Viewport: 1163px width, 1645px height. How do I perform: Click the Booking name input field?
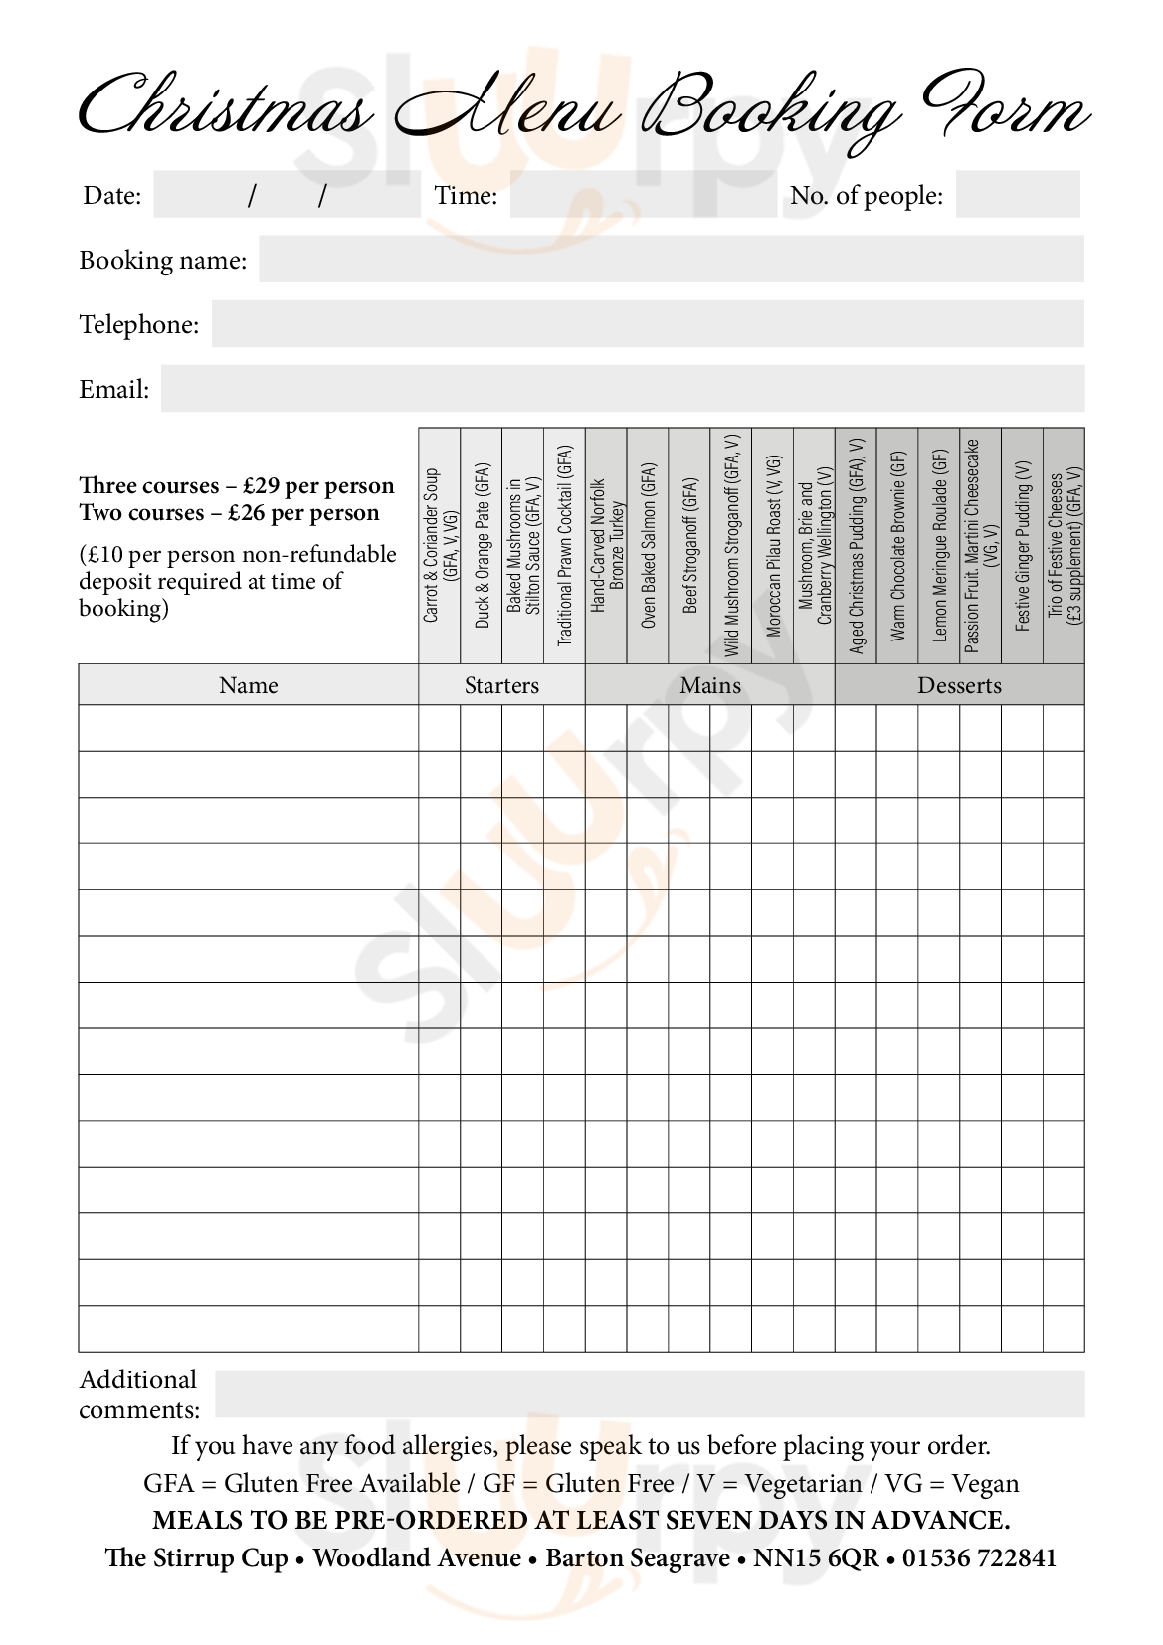click(672, 260)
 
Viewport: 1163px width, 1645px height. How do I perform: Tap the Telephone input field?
click(648, 324)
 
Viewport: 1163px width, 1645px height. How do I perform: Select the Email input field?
click(623, 389)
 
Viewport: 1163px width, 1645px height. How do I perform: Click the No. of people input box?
click(1018, 195)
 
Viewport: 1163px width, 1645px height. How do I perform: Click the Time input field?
click(643, 195)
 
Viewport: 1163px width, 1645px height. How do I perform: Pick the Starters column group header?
click(501, 685)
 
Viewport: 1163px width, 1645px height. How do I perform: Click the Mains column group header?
click(710, 685)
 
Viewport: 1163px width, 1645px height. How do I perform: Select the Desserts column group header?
click(959, 685)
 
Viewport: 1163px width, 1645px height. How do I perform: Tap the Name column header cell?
click(249, 685)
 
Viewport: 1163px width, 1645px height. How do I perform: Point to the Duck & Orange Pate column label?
click(482, 545)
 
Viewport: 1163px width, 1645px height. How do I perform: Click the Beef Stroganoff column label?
click(690, 545)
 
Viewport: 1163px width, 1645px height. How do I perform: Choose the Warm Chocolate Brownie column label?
click(898, 545)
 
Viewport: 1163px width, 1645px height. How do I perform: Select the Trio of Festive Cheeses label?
click(1064, 545)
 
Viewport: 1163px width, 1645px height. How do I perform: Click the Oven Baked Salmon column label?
click(649, 545)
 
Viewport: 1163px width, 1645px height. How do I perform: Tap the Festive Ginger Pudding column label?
click(1022, 545)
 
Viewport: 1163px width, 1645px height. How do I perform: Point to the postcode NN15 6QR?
click(816, 1558)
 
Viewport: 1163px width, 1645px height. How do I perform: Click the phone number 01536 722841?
click(979, 1558)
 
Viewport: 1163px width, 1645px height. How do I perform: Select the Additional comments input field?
click(649, 1393)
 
